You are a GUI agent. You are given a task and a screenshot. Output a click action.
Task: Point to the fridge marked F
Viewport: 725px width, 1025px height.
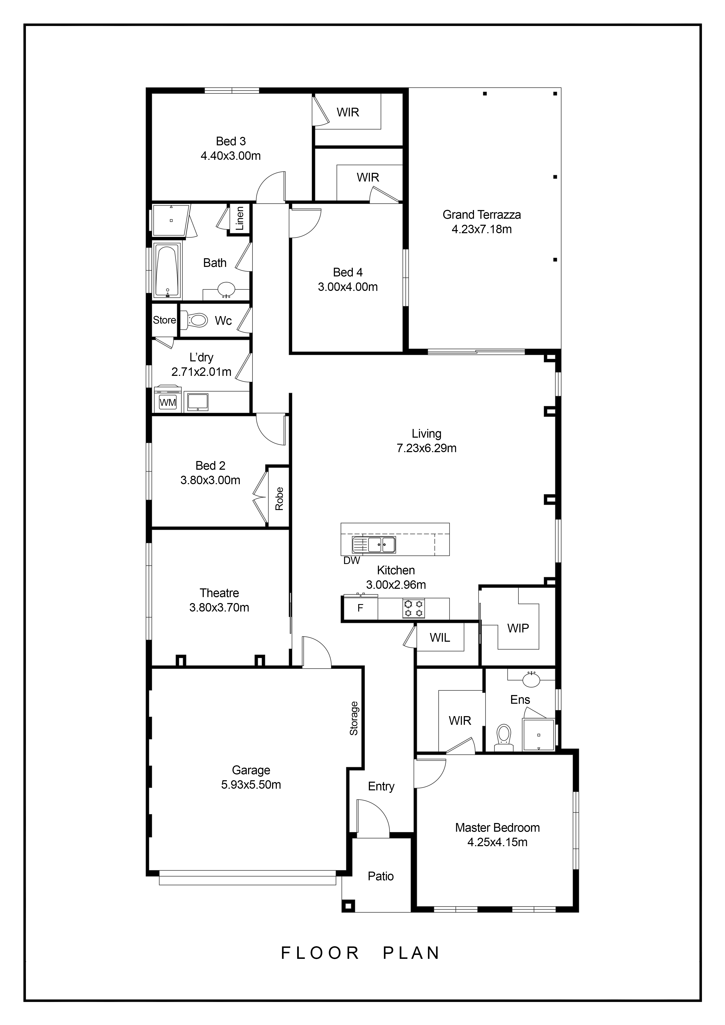tap(360, 608)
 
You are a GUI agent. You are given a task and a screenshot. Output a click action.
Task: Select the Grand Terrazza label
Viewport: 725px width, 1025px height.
tap(482, 215)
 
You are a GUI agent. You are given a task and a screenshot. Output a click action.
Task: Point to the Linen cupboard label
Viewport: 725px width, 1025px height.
tap(240, 218)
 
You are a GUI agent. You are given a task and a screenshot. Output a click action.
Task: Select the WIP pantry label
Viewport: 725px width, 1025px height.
tap(518, 628)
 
